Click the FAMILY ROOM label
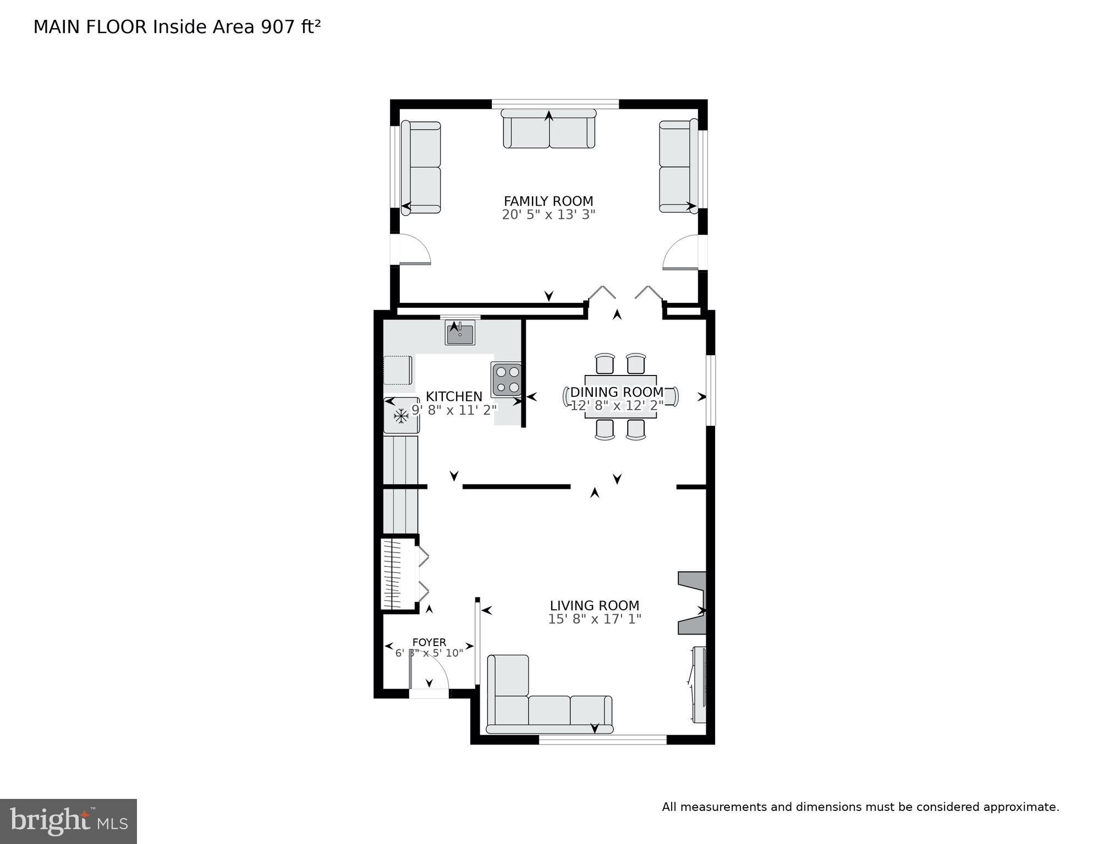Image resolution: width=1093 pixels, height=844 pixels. tap(548, 201)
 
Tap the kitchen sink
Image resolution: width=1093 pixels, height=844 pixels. tap(460, 333)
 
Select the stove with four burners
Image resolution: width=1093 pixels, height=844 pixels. tap(507, 380)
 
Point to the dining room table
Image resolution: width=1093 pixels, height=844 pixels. tap(620, 396)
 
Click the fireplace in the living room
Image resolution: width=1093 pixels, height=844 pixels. tap(692, 603)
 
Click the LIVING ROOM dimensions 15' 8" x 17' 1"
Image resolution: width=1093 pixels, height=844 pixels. tap(595, 619)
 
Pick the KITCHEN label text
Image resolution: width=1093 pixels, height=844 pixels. tap(454, 396)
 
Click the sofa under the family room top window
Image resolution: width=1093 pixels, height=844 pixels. tap(549, 129)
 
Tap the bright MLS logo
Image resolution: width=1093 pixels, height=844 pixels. tap(68, 821)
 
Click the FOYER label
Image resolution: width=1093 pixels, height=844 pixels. tap(429, 642)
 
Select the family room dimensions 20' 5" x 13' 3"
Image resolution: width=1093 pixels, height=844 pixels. tap(548, 214)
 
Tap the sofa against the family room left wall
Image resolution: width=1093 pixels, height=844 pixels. tap(421, 167)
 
